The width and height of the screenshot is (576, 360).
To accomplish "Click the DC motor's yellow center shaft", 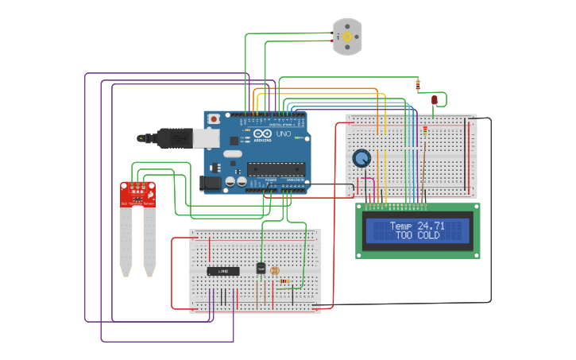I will [347, 37].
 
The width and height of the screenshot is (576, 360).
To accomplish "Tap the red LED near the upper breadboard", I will [435, 100].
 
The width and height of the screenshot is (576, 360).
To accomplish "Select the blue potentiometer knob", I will [361, 158].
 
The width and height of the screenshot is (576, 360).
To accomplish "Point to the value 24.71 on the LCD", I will [431, 226].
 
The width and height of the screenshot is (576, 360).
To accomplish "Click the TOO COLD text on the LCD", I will [417, 236].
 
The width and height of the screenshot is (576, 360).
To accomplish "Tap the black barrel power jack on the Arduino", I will [211, 182].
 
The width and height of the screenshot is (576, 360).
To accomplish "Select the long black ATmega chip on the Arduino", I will [275, 168].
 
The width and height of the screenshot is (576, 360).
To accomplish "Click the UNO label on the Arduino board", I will [282, 135].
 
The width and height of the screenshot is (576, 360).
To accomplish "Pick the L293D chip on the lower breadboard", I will [223, 271].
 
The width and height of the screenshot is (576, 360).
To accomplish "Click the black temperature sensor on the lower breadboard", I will [261, 268].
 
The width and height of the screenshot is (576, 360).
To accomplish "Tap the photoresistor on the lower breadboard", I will [275, 270].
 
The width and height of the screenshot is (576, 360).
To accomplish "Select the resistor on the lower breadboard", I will [284, 281].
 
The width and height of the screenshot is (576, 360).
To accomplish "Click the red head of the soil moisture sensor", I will [137, 193].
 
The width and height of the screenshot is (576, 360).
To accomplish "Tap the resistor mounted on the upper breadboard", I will [424, 130].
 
